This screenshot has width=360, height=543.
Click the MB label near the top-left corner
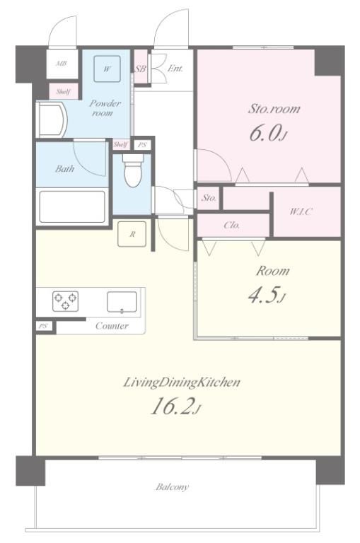click(x=62, y=64)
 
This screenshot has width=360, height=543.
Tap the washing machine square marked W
click(x=108, y=69)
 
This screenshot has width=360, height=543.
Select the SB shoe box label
click(x=140, y=69)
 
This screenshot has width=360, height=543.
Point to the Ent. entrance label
click(x=175, y=69)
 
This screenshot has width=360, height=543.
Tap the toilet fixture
click(x=133, y=170)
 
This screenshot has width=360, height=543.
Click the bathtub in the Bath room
click(x=72, y=206)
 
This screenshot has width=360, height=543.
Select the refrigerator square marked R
click(x=132, y=234)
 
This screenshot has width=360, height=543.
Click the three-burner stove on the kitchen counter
click(x=65, y=301)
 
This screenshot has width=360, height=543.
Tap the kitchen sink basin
click(x=122, y=302)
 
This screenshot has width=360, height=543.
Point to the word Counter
click(x=112, y=326)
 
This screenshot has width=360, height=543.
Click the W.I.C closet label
click(x=301, y=211)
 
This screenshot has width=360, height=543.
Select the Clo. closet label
click(x=232, y=226)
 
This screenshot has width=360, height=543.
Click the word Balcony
click(x=172, y=487)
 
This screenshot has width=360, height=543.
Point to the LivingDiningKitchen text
click(x=182, y=383)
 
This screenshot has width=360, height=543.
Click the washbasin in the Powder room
click(x=52, y=119)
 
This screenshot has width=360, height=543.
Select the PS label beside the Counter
click(x=43, y=326)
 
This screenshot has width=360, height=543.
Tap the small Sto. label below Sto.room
click(x=209, y=198)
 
